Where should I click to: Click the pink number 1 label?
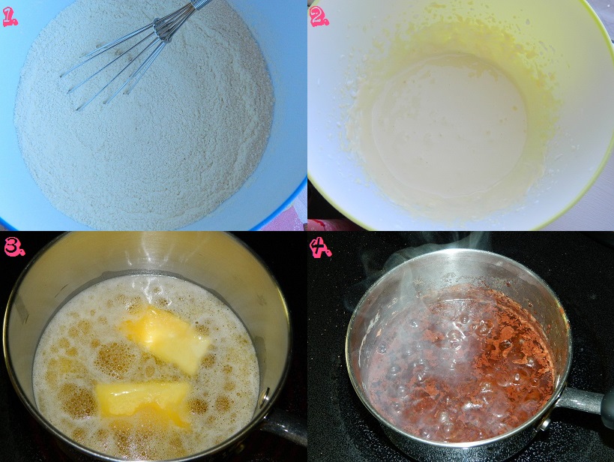(10, 17)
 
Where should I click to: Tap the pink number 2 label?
(319, 17)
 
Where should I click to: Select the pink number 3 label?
(14, 247)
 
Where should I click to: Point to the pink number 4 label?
(320, 247)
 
